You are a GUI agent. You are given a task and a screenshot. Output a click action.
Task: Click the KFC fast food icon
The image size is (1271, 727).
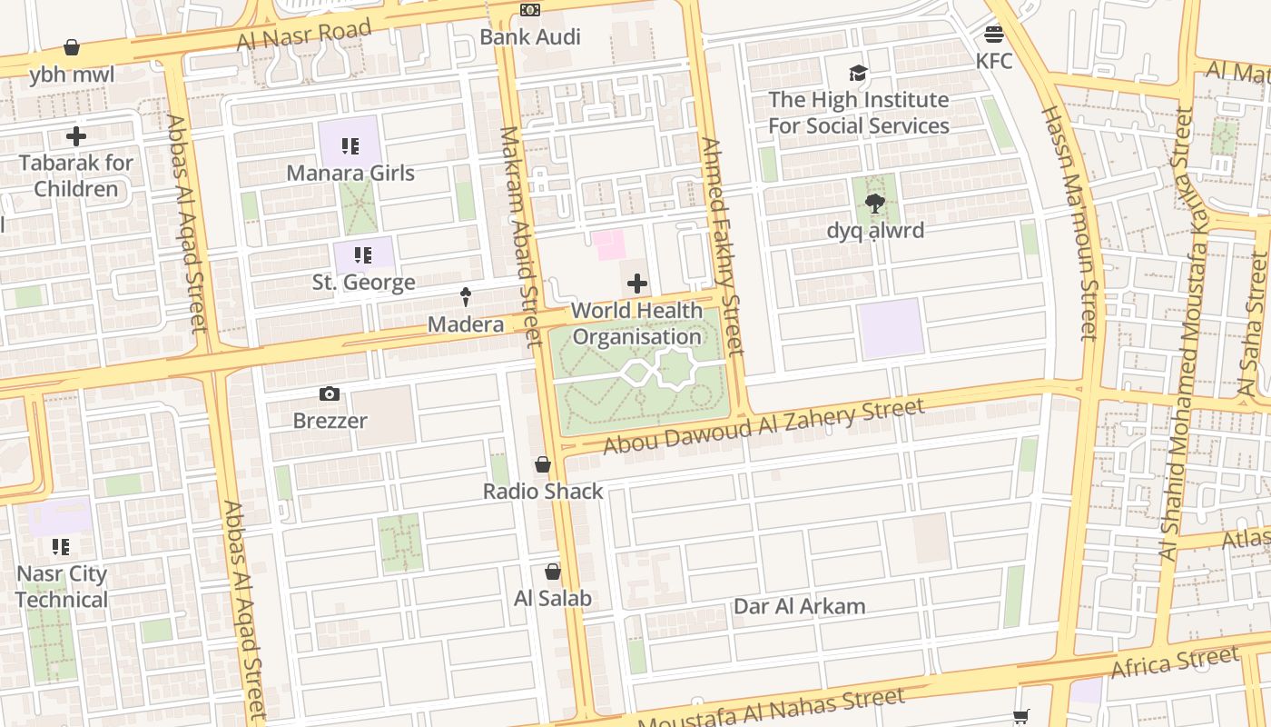click(x=994, y=35)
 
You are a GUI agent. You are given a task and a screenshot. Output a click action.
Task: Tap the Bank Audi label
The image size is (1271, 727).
click(x=530, y=37)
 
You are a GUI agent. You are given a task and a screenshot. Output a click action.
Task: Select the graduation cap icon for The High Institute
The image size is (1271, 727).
click(x=858, y=74)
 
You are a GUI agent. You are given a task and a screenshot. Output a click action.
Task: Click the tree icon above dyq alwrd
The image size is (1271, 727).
click(x=875, y=204)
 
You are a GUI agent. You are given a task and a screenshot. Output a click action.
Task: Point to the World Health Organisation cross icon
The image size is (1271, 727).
click(x=637, y=284)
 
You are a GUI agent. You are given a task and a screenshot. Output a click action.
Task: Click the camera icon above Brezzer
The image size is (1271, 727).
click(x=330, y=393)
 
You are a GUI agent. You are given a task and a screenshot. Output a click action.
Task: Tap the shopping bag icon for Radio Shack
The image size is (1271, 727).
click(x=543, y=465)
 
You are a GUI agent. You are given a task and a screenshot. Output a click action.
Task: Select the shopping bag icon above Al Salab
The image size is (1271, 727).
click(x=552, y=573)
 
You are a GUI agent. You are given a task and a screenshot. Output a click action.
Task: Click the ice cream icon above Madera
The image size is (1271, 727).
click(x=466, y=296)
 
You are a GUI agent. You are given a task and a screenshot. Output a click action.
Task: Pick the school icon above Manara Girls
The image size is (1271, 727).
click(x=350, y=146)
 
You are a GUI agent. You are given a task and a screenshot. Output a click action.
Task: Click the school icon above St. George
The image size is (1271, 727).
click(x=363, y=255)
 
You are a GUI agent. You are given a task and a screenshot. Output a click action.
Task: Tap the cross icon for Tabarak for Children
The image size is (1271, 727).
click(x=76, y=137)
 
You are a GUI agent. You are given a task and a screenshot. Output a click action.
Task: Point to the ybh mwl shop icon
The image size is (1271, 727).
click(x=72, y=47)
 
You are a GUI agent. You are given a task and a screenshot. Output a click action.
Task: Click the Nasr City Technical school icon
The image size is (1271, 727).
click(x=61, y=547)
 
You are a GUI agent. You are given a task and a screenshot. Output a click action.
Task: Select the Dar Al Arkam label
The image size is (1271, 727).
click(x=799, y=606)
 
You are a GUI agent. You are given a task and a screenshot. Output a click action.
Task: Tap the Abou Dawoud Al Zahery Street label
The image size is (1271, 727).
click(x=764, y=424)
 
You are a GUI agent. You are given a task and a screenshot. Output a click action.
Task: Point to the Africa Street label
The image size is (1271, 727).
click(x=1175, y=662)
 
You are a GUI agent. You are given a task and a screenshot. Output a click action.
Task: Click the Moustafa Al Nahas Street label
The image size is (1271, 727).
click(x=771, y=708)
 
